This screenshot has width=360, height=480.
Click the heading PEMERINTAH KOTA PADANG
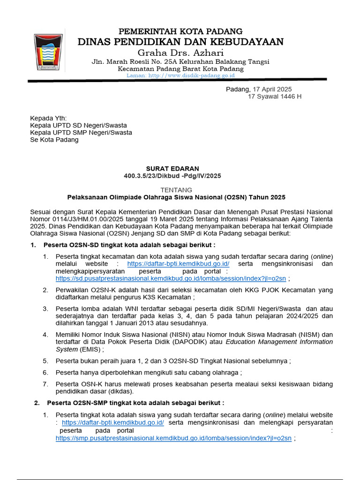tap(180, 31)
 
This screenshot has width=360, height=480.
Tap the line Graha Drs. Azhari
tap(180, 52)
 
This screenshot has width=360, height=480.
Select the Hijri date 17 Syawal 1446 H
tap(275, 97)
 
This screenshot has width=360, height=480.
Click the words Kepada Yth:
tap(48, 118)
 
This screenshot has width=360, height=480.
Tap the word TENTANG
tap(176, 190)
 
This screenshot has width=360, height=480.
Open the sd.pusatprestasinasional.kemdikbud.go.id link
tap(171, 278)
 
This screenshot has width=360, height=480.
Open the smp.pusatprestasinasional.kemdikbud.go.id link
tap(173, 438)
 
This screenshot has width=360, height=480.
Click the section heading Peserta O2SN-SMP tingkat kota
tap(135, 403)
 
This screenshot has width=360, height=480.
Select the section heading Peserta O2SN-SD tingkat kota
tap(129, 245)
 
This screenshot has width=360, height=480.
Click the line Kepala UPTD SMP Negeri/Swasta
tap(81, 132)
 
